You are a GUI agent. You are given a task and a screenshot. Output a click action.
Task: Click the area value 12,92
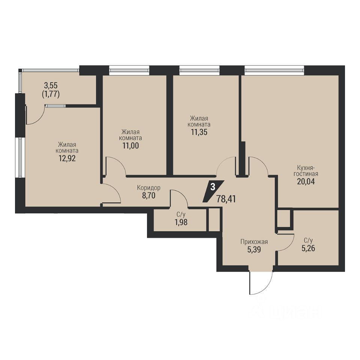pyautogui.click(x=67, y=158)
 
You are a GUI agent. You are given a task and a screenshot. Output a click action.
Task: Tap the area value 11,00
pyautogui.click(x=130, y=145)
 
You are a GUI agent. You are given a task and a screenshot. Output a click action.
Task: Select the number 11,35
pyautogui.click(x=199, y=132)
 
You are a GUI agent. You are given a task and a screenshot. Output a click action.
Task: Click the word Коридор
pyautogui.click(x=148, y=188)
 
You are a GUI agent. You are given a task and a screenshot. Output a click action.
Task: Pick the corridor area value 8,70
pyautogui.click(x=148, y=196)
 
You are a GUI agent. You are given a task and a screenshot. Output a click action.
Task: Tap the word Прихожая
pyautogui.click(x=254, y=241)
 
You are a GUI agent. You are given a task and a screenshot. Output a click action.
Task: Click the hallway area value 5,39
pyautogui.click(x=254, y=249)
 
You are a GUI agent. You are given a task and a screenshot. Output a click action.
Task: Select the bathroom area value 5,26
pyautogui.click(x=308, y=248)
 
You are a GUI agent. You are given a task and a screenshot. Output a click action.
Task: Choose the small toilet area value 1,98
pyautogui.click(x=181, y=222)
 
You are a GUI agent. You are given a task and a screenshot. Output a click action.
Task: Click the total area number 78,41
pyautogui.click(x=226, y=199)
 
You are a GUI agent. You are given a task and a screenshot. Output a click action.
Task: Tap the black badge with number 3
pyautogui.click(x=213, y=191)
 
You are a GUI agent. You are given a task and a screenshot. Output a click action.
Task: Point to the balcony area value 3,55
pyautogui.click(x=51, y=85)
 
